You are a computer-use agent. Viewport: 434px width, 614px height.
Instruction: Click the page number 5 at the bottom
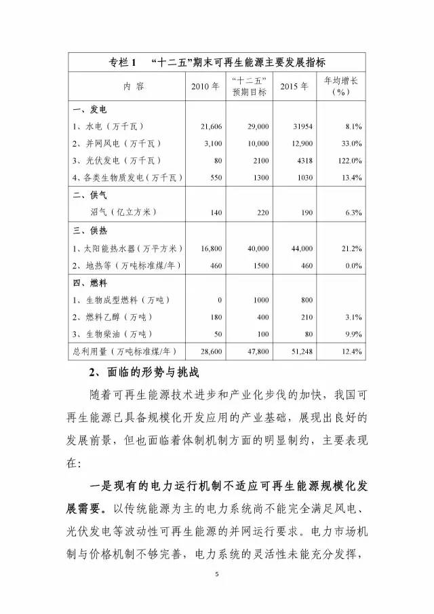(216, 575)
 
